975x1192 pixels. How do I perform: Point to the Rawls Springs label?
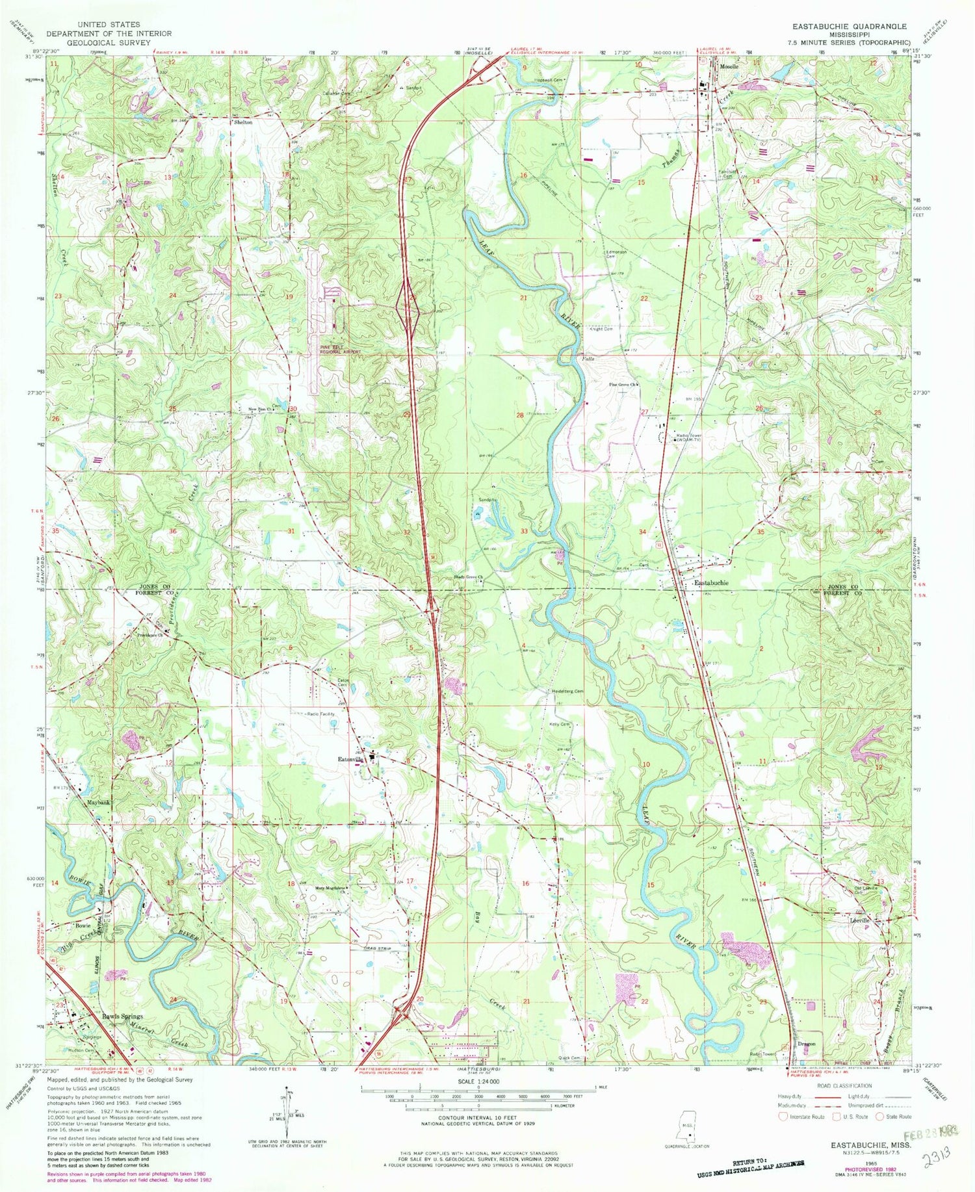[122, 1016]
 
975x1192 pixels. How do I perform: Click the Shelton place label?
[243, 122]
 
